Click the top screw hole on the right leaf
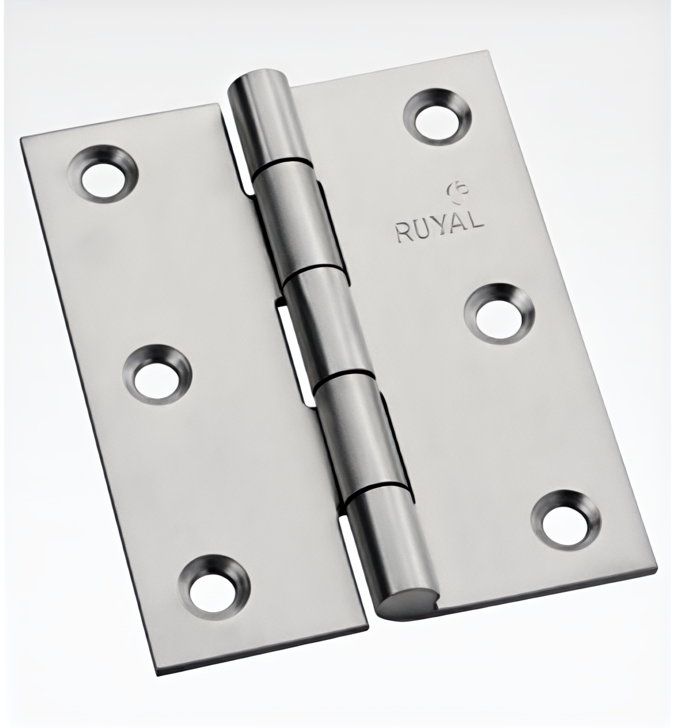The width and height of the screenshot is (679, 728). [438, 114]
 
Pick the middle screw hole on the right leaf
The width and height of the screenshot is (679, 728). [499, 313]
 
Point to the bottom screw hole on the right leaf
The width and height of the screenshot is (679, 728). [567, 519]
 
